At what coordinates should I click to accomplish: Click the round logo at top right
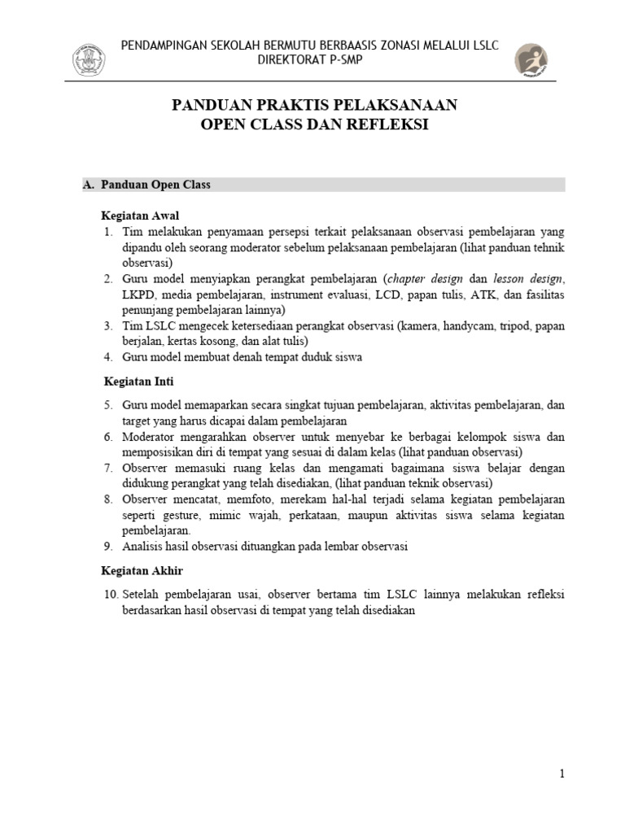click(x=531, y=61)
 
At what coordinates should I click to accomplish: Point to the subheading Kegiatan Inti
click(x=139, y=381)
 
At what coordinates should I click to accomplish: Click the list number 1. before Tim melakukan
click(x=109, y=233)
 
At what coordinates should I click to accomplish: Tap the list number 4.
click(x=109, y=357)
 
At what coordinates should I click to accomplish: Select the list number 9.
click(x=109, y=547)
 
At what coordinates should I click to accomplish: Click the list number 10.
click(x=111, y=595)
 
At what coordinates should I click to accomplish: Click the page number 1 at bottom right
click(x=562, y=774)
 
